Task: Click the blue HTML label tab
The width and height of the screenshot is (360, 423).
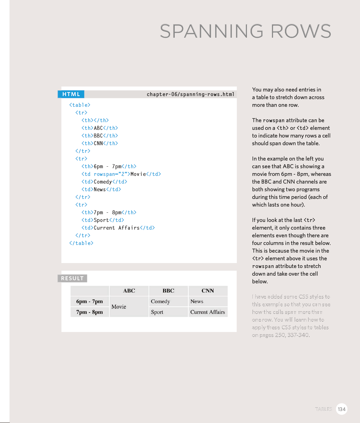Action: click(x=71, y=94)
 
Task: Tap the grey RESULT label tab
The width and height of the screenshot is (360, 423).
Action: click(x=72, y=278)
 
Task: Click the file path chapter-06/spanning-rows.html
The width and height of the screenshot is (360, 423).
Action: click(x=190, y=94)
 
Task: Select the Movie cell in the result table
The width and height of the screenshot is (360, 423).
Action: click(x=119, y=307)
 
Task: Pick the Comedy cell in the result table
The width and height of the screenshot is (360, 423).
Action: click(x=160, y=301)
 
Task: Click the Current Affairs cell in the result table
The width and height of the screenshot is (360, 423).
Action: click(x=208, y=312)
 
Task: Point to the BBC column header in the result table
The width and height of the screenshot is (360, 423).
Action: click(x=168, y=291)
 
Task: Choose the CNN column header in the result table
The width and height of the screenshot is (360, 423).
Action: click(x=208, y=291)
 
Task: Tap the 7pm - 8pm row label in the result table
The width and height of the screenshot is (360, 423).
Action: click(x=89, y=312)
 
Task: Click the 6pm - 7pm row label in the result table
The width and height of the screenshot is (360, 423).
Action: click(x=89, y=301)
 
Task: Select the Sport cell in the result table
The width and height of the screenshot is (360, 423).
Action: click(x=157, y=312)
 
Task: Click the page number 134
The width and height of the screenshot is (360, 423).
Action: click(x=342, y=409)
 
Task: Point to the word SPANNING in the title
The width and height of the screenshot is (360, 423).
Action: click(x=212, y=31)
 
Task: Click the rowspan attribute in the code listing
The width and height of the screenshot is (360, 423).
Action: click(x=104, y=174)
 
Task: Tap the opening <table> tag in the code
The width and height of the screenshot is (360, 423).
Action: click(x=80, y=105)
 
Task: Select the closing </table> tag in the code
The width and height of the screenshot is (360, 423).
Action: click(x=81, y=243)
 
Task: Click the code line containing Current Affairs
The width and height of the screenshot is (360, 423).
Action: click(x=118, y=228)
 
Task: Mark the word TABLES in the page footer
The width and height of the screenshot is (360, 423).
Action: click(x=323, y=409)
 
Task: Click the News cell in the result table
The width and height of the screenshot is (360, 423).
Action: click(x=197, y=301)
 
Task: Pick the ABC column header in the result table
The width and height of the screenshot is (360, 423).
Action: click(x=129, y=291)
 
